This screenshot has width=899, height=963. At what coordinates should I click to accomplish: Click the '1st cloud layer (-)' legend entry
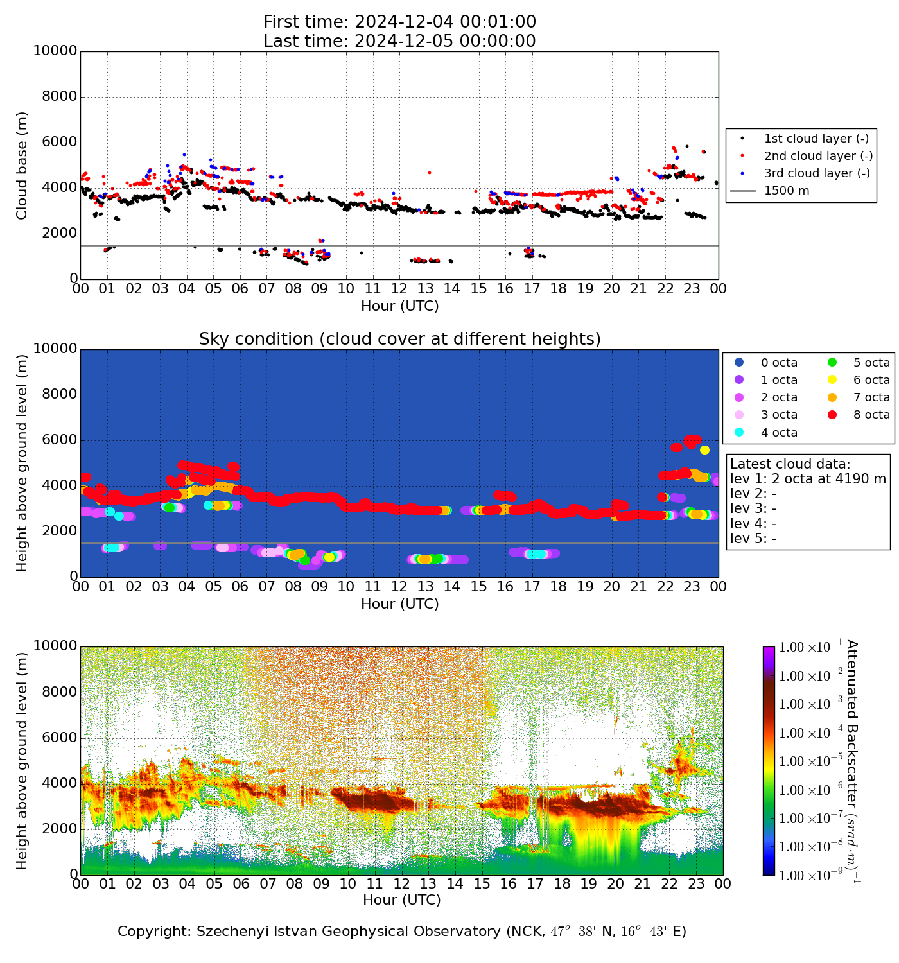[x=816, y=139]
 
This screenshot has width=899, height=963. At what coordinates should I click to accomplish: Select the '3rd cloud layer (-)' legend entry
[x=816, y=173]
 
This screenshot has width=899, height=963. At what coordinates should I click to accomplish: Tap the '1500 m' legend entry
[x=787, y=191]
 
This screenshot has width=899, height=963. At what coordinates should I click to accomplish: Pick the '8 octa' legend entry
[x=871, y=415]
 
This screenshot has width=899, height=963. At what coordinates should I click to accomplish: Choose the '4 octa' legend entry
[x=779, y=433]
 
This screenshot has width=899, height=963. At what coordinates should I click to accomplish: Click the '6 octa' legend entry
[x=871, y=380]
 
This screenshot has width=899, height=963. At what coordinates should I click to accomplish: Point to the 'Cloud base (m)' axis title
[x=22, y=166]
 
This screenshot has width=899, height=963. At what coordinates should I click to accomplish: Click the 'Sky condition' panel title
[x=399, y=339]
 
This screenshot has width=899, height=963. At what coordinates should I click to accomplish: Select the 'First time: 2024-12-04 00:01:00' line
[x=399, y=22]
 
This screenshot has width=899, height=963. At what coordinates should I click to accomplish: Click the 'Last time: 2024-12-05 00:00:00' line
[x=399, y=41]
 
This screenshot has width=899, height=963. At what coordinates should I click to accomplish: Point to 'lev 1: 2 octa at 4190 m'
[x=808, y=479]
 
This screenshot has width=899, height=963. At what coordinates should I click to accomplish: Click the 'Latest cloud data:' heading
[x=790, y=464]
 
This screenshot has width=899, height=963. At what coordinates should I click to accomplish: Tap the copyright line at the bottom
[x=402, y=932]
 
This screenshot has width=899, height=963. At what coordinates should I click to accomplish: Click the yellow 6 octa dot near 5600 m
[x=704, y=450]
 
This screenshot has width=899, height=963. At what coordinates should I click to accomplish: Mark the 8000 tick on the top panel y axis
[x=55, y=97]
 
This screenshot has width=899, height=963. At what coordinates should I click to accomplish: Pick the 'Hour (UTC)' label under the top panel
[x=399, y=306]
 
